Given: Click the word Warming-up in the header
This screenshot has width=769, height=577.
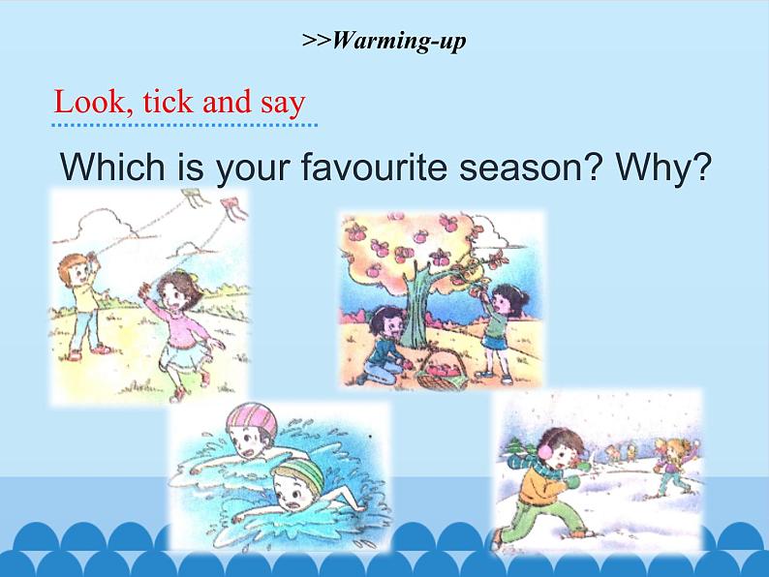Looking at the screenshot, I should pyautogui.click(x=399, y=41).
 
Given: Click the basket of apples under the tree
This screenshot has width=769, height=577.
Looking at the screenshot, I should pyautogui.click(x=446, y=370).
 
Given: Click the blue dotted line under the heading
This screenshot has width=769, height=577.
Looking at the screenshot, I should pyautogui.click(x=184, y=124).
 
